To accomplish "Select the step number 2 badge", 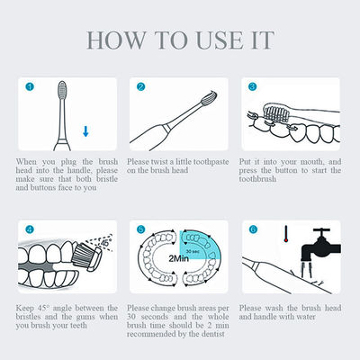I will (x=141, y=87).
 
